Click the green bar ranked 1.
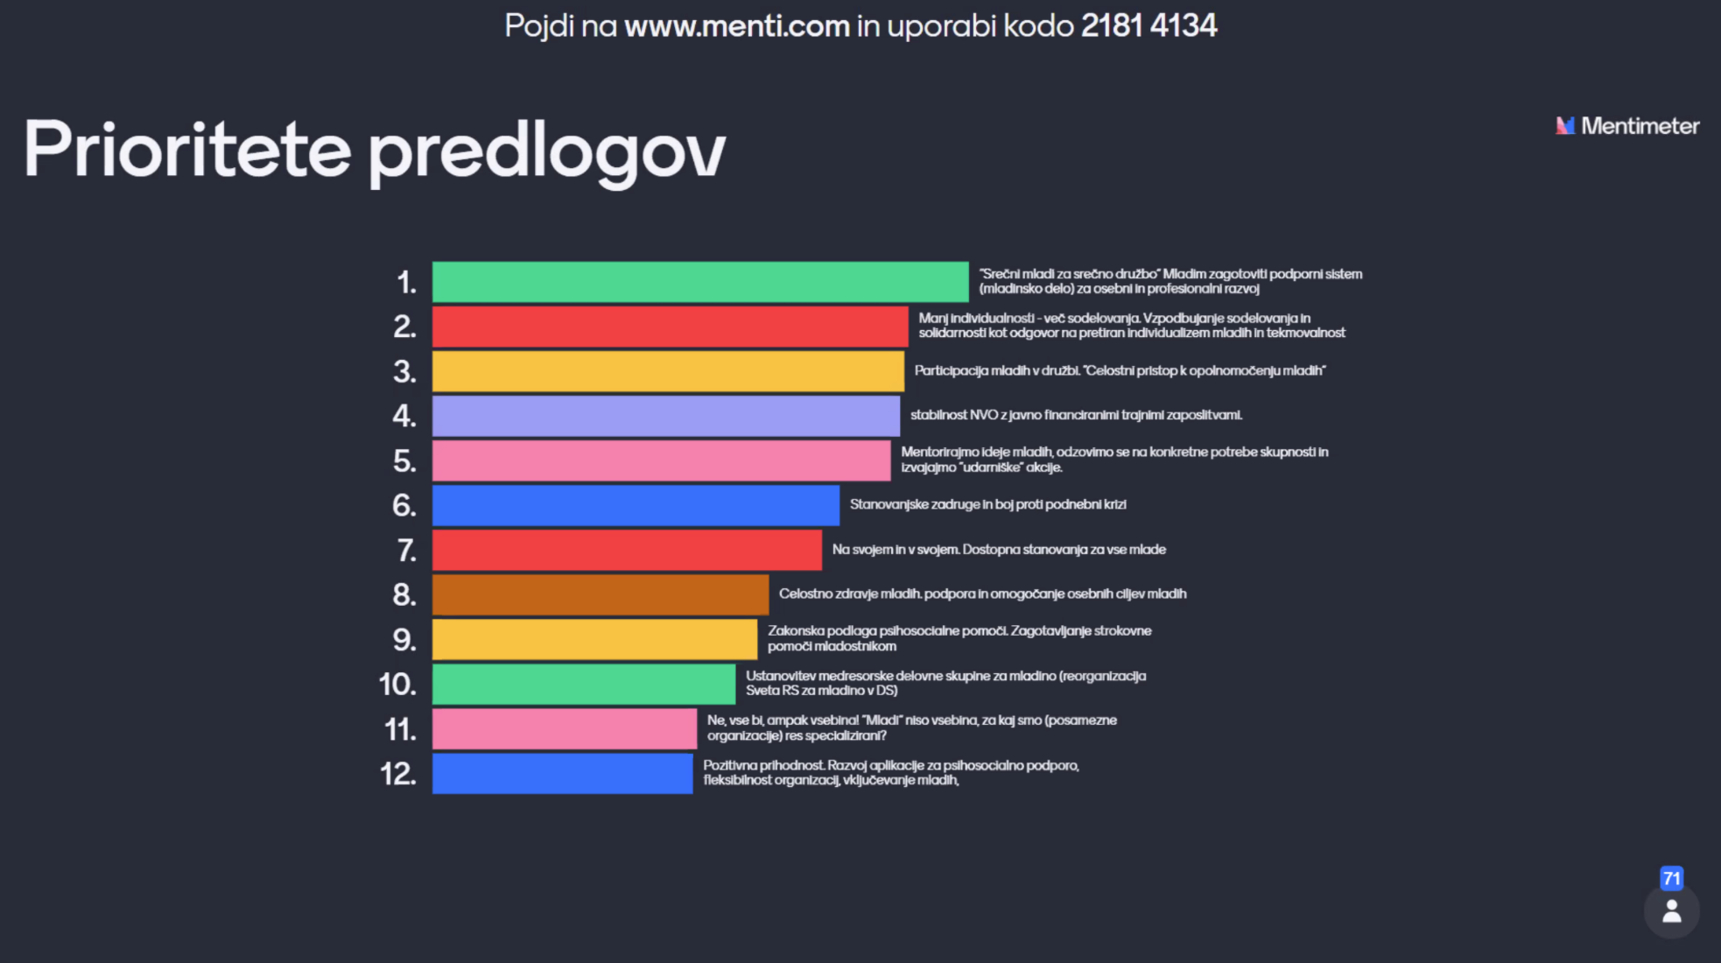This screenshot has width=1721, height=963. [x=700, y=282]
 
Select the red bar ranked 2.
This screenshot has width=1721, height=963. [x=670, y=327]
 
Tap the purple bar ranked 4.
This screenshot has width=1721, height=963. [x=665, y=416]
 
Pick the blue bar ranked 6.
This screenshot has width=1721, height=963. [x=636, y=505]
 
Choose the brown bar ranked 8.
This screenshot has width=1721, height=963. [x=601, y=594]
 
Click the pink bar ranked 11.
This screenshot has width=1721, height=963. [x=565, y=728]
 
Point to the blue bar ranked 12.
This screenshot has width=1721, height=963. [x=562, y=774]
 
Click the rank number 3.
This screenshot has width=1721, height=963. [x=404, y=372]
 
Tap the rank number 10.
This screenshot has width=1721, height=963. [x=397, y=684]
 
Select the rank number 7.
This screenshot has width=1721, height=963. [x=406, y=551]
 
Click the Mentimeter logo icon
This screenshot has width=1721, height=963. [x=1565, y=126]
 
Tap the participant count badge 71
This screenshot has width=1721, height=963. [x=1671, y=878]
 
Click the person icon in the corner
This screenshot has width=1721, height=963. [x=1671, y=911]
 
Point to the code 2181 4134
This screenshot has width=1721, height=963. [x=1149, y=25]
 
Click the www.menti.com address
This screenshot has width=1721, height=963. [x=737, y=26]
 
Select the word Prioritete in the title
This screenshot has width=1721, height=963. [x=187, y=149]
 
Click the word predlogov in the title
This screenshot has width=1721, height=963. [x=547, y=151]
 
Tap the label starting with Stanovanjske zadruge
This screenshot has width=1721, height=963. [x=987, y=504]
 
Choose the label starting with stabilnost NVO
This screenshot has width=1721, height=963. [x=1076, y=415]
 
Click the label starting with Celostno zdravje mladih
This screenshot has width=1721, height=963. [x=982, y=594]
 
